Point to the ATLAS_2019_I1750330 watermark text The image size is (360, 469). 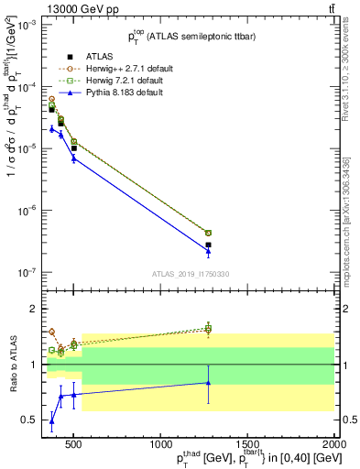190,274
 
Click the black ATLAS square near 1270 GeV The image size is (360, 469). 208,245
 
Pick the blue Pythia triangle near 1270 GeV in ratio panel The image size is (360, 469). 208,383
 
